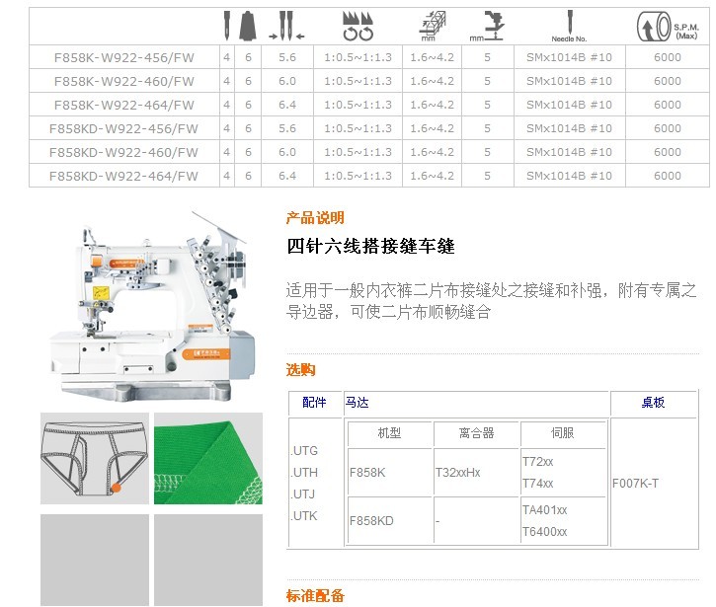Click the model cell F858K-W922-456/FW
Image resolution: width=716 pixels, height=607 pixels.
[124, 57]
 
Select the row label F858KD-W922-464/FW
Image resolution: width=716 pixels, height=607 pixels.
[123, 176]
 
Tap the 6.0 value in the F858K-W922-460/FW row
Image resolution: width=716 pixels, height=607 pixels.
[287, 81]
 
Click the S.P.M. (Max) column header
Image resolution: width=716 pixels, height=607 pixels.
[668, 27]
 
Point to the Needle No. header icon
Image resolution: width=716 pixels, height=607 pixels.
[569, 26]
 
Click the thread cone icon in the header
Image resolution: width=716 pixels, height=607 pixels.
[248, 26]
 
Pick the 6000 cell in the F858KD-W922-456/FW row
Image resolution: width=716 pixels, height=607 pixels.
[668, 128]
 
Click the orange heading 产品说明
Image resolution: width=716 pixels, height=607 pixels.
[315, 218]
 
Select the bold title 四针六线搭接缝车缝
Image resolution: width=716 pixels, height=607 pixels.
[370, 246]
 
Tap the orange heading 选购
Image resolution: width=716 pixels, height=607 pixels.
[301, 369]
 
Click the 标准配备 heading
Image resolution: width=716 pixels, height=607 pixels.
[315, 595]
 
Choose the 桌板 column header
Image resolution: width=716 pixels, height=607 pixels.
[653, 402]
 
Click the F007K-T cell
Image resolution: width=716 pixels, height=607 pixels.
[635, 484]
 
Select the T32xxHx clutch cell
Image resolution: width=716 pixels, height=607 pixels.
[457, 473]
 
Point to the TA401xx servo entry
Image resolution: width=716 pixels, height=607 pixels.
[545, 510]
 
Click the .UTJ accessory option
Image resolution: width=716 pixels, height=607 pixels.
[303, 494]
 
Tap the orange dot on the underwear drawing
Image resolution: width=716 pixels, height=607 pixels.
[116, 488]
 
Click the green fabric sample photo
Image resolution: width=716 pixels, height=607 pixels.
[208, 459]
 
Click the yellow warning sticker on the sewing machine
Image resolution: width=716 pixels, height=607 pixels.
[101, 292]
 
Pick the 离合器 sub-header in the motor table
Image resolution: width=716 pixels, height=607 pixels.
[476, 432]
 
